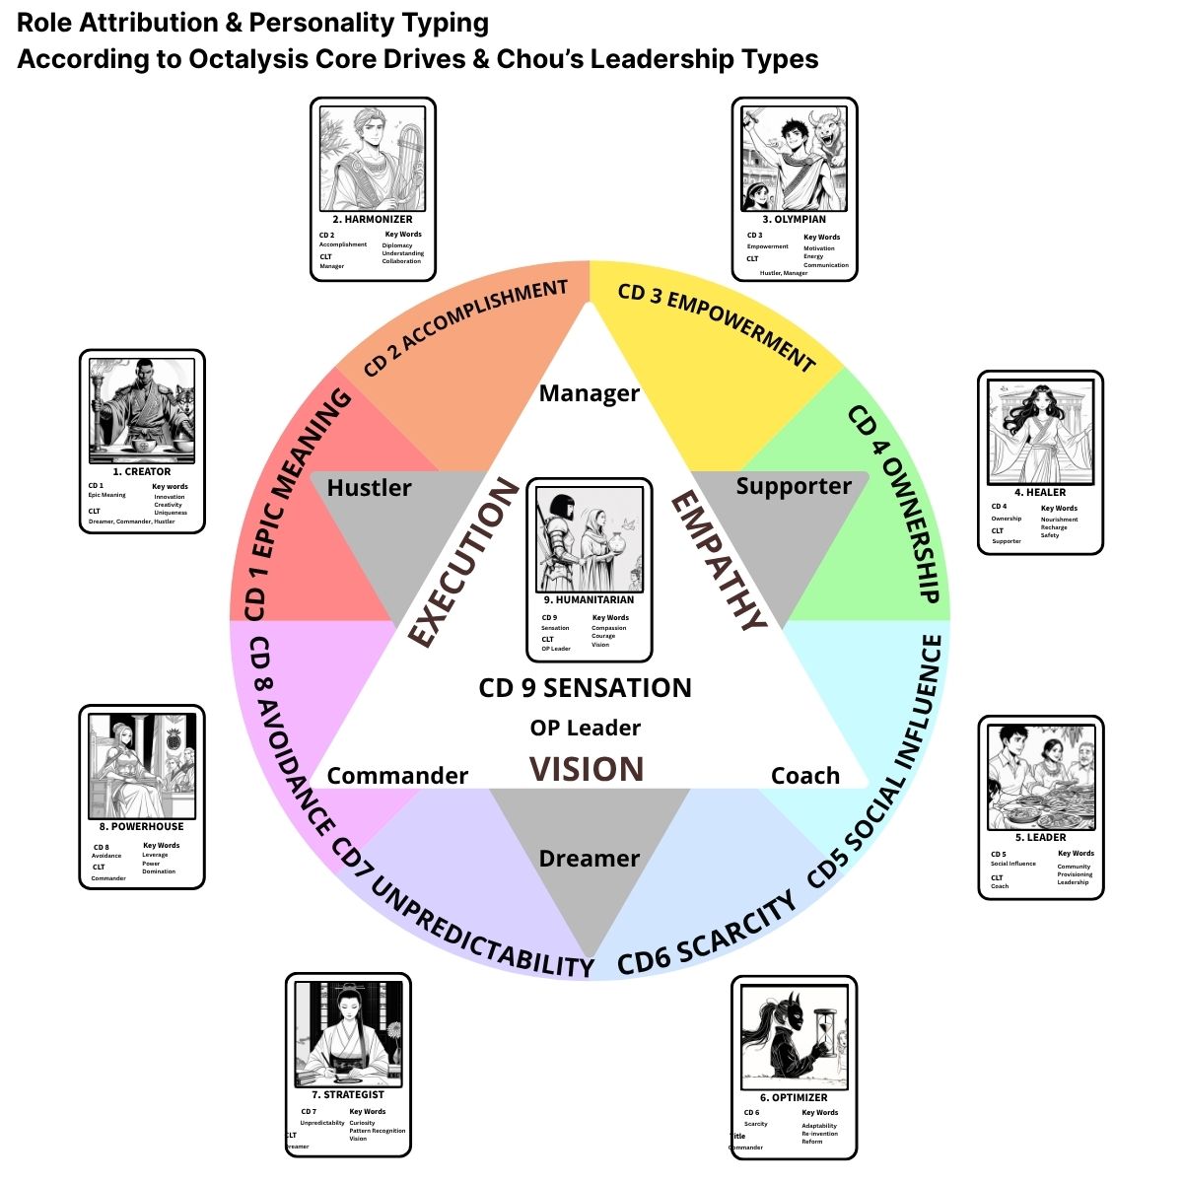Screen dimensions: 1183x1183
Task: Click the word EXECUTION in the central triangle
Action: [463, 563]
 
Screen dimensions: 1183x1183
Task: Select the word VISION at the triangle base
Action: [587, 769]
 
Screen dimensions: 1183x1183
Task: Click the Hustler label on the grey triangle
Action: [369, 487]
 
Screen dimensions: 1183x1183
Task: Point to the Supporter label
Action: [794, 485]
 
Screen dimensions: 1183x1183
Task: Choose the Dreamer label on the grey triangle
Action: [590, 859]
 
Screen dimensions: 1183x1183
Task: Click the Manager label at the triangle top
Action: [590, 393]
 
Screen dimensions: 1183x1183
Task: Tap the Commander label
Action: [397, 776]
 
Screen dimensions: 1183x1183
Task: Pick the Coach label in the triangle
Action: [805, 776]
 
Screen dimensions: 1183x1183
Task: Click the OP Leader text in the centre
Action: [586, 728]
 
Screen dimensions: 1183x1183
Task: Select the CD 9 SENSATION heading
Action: [586, 688]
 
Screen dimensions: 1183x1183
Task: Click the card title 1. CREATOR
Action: [142, 472]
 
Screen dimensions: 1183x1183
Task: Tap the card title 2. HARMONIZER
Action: [373, 220]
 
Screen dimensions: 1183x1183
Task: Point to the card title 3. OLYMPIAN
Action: [794, 220]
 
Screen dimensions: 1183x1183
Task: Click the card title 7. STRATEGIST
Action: [348, 1094]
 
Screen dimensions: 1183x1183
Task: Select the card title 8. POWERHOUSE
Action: [142, 826]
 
